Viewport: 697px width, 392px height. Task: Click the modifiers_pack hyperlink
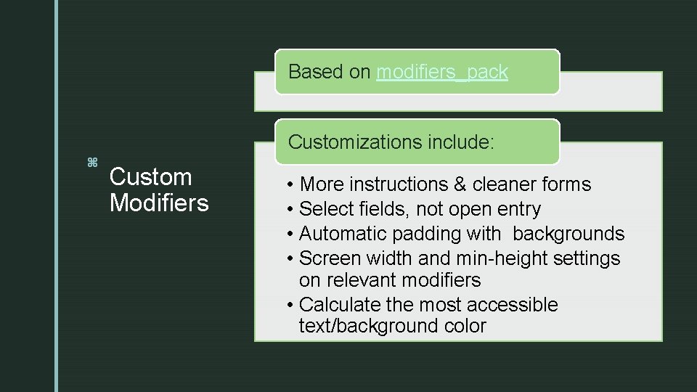click(x=442, y=73)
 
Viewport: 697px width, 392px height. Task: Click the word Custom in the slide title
click(x=150, y=177)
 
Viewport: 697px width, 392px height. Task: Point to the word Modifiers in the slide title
click(x=158, y=203)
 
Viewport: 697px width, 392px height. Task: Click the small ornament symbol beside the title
click(x=92, y=162)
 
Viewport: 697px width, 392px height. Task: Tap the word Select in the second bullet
click(x=325, y=209)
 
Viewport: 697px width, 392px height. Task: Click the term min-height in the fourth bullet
click(x=495, y=258)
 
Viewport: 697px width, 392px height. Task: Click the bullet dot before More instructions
click(x=290, y=185)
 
